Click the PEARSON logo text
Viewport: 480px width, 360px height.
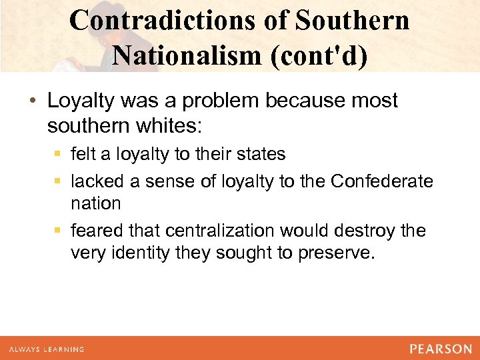click(441, 349)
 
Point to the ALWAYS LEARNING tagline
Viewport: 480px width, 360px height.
click(46, 349)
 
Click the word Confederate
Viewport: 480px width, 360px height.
click(381, 181)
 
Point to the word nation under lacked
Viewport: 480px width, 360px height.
click(96, 203)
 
